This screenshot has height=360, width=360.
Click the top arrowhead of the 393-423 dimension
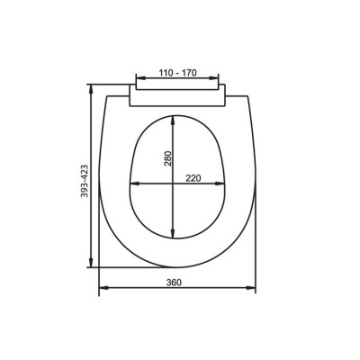point(91,87)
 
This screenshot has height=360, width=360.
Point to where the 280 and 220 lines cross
point(172,185)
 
